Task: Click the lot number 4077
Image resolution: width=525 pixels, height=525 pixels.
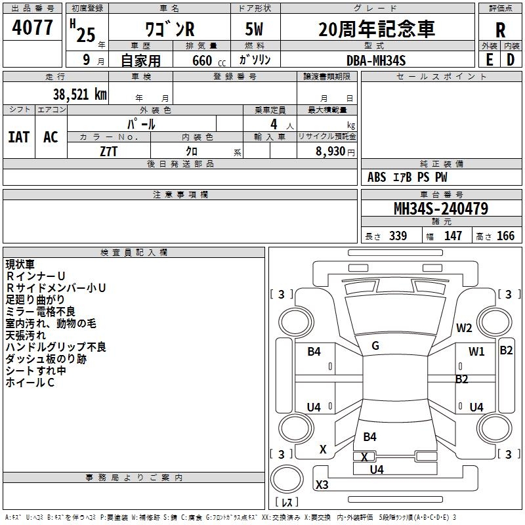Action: [x=33, y=28]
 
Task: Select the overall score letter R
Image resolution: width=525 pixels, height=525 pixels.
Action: [x=500, y=30]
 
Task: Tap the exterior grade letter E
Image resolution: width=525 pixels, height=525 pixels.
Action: [x=489, y=59]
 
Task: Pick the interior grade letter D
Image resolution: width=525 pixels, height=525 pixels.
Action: [x=511, y=59]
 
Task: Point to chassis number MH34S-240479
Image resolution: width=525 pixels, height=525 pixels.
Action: [x=440, y=209]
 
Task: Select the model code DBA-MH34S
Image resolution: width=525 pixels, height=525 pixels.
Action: [x=376, y=60]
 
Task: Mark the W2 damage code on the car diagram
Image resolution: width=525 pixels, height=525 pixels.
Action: [x=465, y=328]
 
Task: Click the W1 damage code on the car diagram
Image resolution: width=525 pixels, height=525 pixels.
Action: [x=476, y=352]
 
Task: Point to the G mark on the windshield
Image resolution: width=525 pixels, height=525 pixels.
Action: [x=375, y=346]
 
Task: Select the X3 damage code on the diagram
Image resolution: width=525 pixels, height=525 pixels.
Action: [x=322, y=485]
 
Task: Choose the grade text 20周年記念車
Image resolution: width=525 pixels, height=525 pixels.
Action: [x=376, y=30]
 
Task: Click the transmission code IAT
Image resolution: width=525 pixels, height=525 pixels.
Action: [x=19, y=137]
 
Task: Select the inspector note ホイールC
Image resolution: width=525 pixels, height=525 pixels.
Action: [x=30, y=383]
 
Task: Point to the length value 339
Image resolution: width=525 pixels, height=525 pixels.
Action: [x=398, y=236]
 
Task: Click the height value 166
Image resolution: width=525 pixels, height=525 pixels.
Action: [x=505, y=236]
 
